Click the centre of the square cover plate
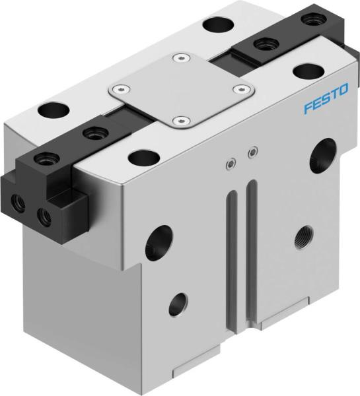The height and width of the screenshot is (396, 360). (181, 90)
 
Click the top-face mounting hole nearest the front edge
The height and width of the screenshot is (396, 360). (141, 157)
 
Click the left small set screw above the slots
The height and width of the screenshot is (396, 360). (229, 163)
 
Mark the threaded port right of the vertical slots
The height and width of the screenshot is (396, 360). (304, 234)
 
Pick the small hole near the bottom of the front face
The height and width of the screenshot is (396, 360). (178, 304)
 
